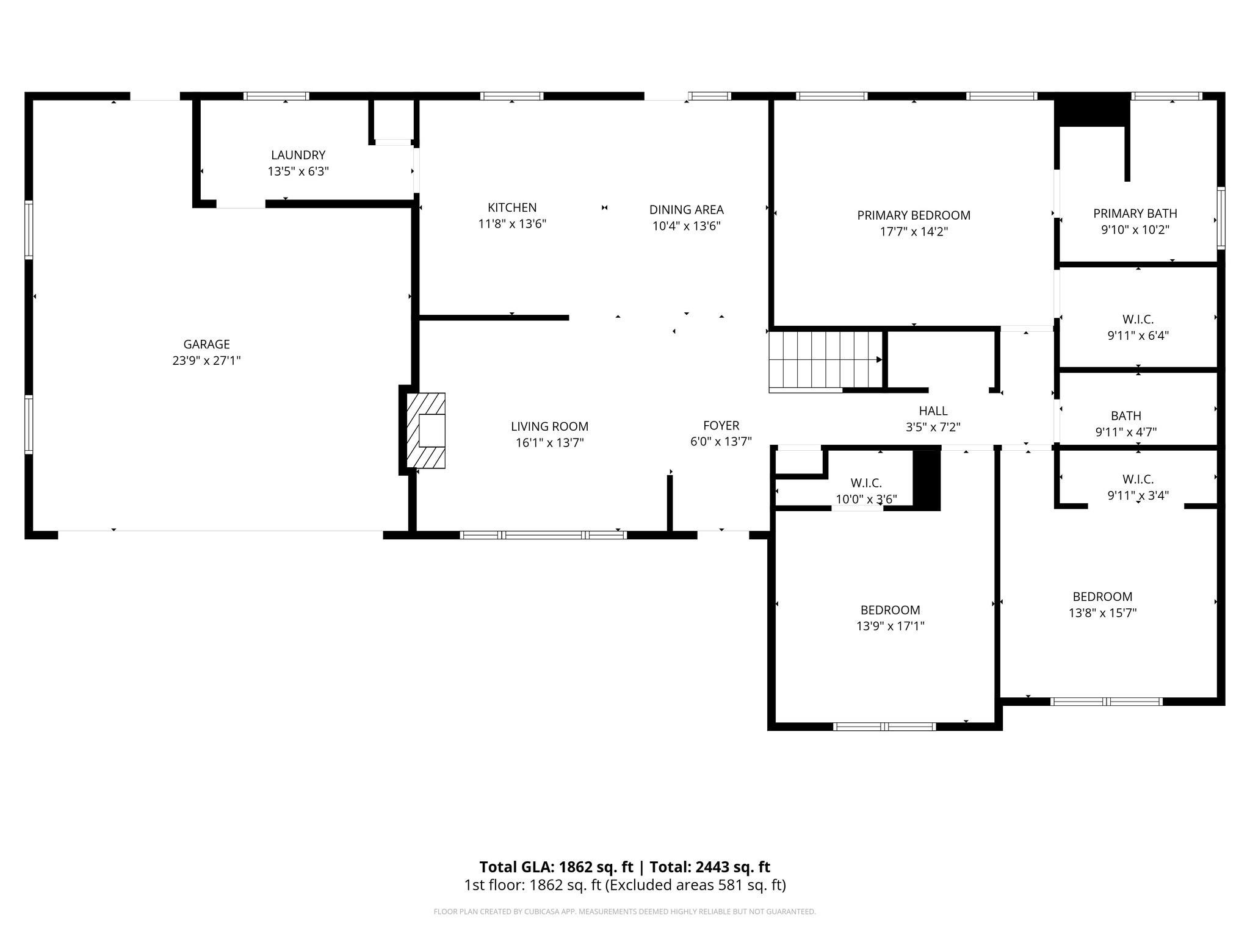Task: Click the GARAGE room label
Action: (206, 344)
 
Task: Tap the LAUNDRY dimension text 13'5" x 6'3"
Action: (298, 171)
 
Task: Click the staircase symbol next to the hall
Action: (824, 360)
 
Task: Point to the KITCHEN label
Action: (511, 207)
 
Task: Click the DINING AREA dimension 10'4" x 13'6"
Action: (686, 226)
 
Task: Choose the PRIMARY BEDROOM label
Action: (913, 215)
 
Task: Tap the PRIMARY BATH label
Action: (1135, 214)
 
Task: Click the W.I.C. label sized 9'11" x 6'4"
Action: (1138, 319)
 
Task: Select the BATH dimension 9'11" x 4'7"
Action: (1125, 432)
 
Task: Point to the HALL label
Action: (933, 411)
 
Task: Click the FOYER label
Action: (721, 425)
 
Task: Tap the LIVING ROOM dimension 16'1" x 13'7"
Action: (549, 442)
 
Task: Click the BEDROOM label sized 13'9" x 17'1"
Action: (890, 609)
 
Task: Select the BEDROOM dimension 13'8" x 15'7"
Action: (1102, 612)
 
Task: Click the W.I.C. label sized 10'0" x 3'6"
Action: (865, 483)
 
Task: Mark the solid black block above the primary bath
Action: (1092, 110)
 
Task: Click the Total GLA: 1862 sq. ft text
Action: (555, 867)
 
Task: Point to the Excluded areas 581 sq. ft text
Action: (696, 885)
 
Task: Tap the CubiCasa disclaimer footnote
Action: (624, 911)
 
